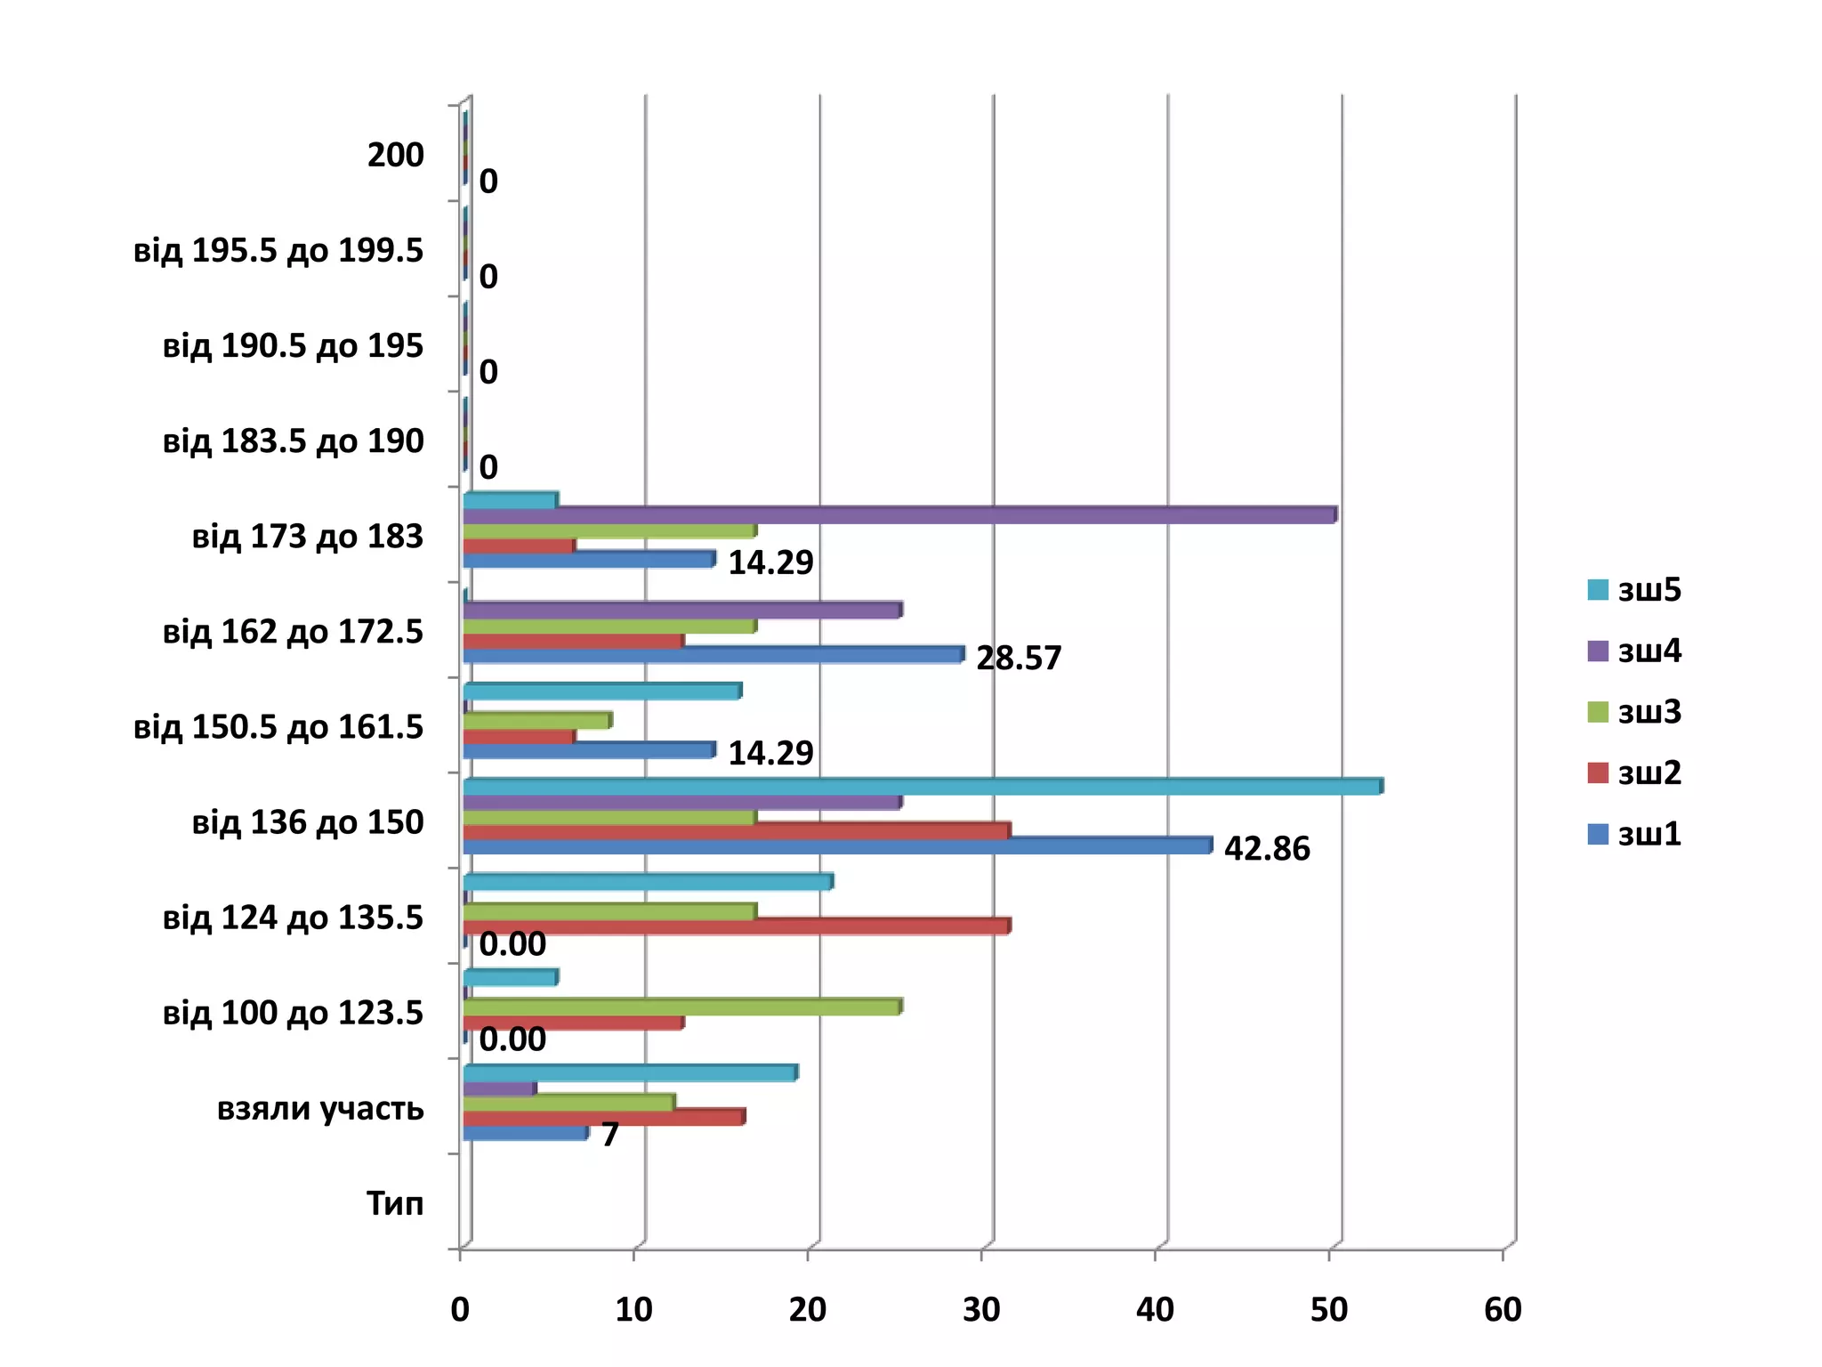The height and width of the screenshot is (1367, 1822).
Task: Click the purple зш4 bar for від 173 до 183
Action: (x=899, y=515)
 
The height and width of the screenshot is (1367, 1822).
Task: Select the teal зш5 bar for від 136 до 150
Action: (x=922, y=787)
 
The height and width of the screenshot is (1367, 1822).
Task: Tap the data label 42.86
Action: (x=1266, y=849)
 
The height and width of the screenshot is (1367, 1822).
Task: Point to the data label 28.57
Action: (x=1018, y=659)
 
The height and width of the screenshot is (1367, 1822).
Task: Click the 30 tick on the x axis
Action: (x=981, y=1309)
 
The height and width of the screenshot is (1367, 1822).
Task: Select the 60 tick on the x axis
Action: (x=1503, y=1309)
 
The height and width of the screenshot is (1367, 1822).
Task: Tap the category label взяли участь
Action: (x=320, y=1109)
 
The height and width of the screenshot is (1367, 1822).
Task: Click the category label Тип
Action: (x=395, y=1204)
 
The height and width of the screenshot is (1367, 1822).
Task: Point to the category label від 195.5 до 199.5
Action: (x=278, y=251)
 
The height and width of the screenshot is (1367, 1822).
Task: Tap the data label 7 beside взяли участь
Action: (x=609, y=1135)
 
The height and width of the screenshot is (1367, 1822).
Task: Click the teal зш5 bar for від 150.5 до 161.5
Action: (x=601, y=692)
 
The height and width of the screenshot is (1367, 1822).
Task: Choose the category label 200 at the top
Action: (x=395, y=156)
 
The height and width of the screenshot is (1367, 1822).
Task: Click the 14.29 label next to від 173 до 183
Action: (x=770, y=563)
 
